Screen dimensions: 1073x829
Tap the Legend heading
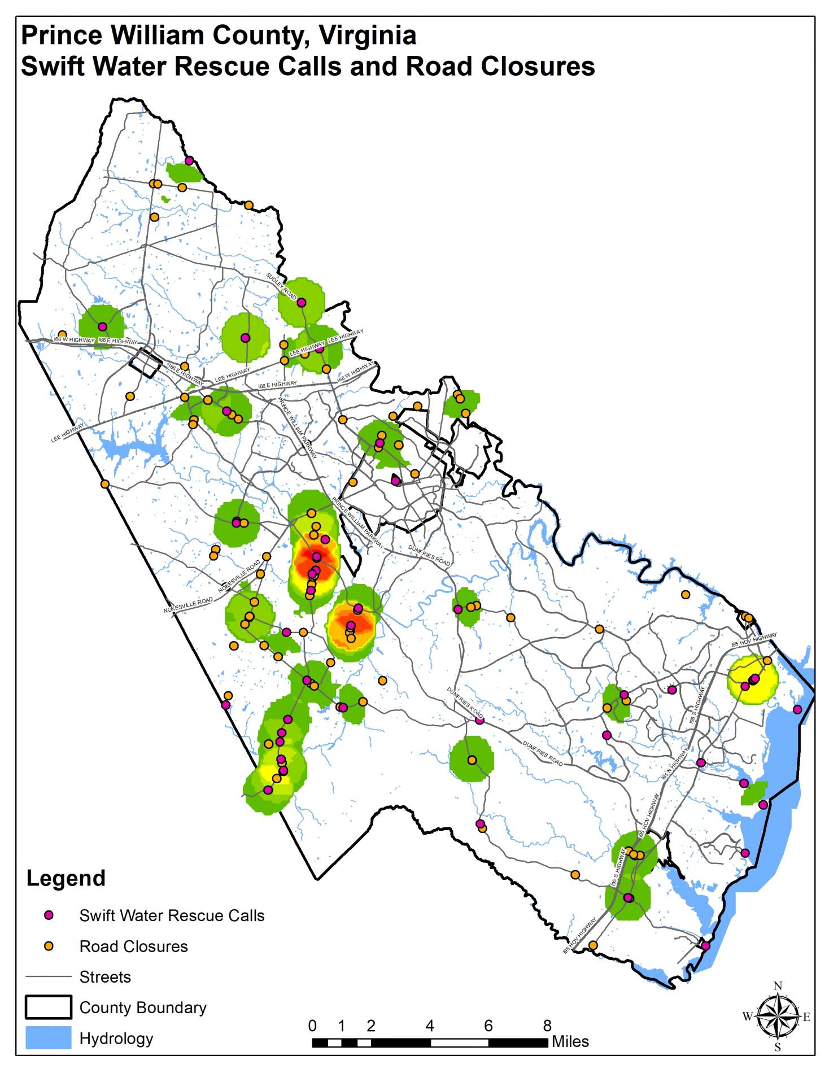pyautogui.click(x=66, y=878)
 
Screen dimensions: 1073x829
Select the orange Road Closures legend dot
pyautogui.click(x=49, y=946)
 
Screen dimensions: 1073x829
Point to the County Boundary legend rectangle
pyautogui.click(x=48, y=1007)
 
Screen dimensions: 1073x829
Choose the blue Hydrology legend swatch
pyautogui.click(x=48, y=1038)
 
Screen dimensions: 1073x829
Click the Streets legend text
pyautogui.click(x=105, y=977)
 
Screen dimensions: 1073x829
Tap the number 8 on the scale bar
pyautogui.click(x=547, y=1025)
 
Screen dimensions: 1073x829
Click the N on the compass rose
pyautogui.click(x=778, y=986)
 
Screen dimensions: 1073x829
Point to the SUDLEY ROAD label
pyautogui.click(x=281, y=286)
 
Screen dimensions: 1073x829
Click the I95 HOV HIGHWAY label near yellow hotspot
pyautogui.click(x=754, y=640)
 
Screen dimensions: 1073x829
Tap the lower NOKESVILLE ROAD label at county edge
pyautogui.click(x=188, y=606)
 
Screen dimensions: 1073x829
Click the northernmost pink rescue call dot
pyautogui.click(x=189, y=161)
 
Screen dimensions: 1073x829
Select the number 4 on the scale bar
pyautogui.click(x=430, y=1025)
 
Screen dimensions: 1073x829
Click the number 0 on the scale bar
pyautogui.click(x=312, y=1025)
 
